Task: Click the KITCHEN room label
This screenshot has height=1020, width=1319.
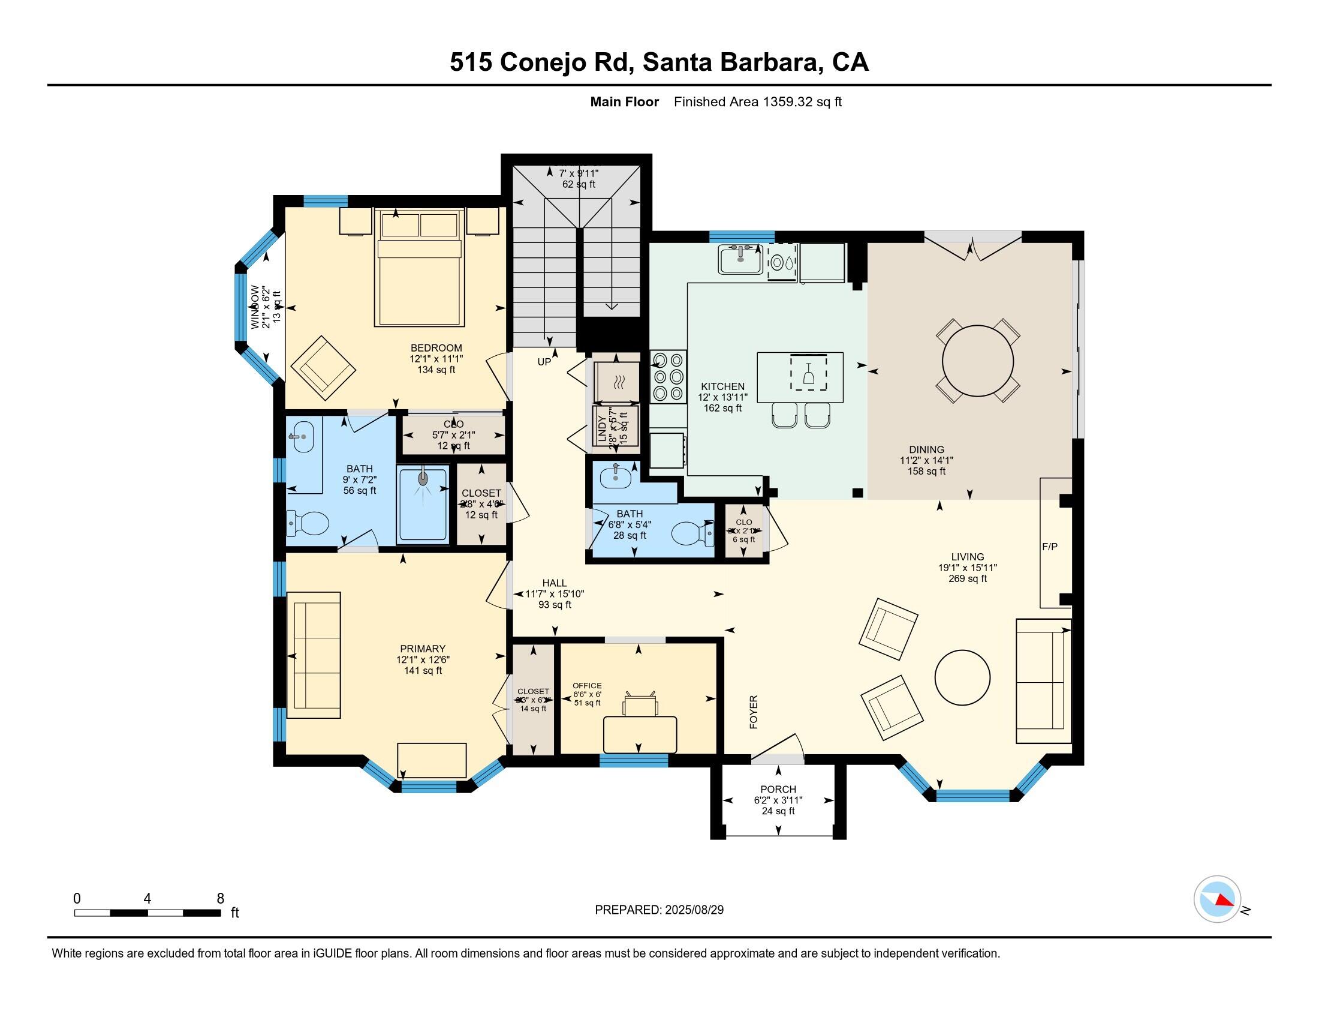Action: (722, 386)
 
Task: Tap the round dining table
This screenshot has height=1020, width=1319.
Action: (978, 361)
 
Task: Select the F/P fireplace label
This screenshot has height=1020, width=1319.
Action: (1050, 546)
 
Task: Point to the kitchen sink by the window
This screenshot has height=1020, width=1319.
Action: (740, 259)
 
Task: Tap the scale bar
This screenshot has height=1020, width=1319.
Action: (147, 913)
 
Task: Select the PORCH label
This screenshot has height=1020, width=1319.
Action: (778, 788)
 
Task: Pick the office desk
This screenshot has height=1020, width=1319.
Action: (640, 734)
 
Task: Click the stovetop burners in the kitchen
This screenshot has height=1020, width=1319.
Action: (668, 376)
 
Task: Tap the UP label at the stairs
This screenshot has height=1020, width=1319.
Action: (544, 362)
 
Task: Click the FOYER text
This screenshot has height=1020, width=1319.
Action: (754, 711)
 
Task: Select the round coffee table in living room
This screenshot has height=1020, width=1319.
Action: (962, 677)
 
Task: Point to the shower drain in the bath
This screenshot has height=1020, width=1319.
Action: (423, 478)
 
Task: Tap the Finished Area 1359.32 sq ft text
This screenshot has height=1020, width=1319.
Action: (757, 101)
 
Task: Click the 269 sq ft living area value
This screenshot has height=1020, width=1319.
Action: (967, 578)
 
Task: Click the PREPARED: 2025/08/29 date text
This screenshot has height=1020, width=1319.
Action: (659, 910)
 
